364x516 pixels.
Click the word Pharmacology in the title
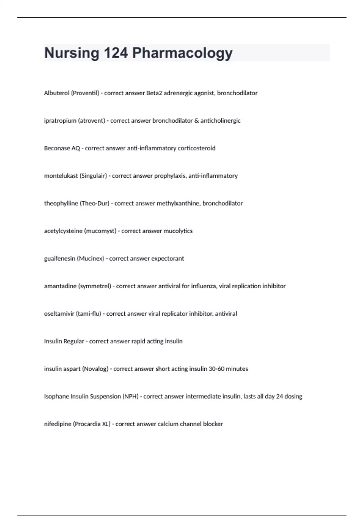pos(182,53)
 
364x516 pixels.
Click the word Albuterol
pos(57,93)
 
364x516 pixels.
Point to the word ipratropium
pos(60,121)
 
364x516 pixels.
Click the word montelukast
pos(61,176)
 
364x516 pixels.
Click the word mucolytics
pos(178,231)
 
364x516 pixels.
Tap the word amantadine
pos(60,286)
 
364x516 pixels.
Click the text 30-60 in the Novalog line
pos(216,369)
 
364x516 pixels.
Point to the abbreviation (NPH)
pos(130,396)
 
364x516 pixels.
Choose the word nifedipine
pos(58,424)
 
